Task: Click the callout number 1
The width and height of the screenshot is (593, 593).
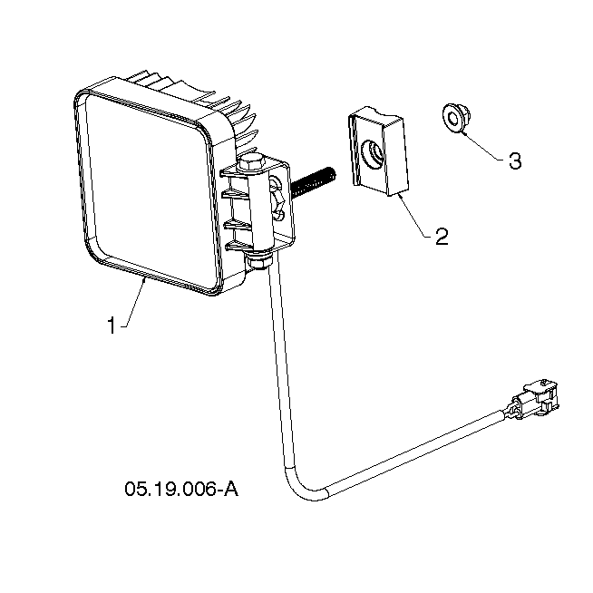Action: [112, 326]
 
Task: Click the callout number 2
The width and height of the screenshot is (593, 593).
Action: [442, 237]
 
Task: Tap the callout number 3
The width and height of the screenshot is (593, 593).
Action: [515, 160]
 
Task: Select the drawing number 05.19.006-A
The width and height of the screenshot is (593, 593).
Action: [181, 489]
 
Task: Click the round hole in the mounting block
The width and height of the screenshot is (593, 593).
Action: [373, 154]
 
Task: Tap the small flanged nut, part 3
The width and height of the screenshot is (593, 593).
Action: [456, 118]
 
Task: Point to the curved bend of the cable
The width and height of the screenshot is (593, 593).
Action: [299, 488]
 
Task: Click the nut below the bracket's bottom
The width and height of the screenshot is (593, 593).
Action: [258, 261]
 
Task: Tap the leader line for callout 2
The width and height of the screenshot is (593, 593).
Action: [413, 216]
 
